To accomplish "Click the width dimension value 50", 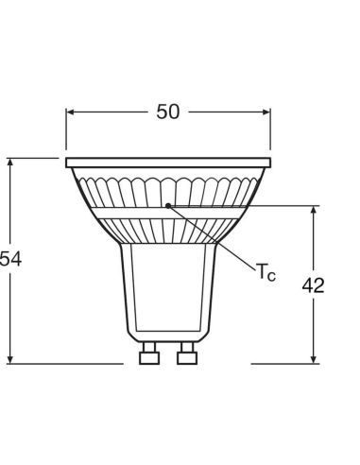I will click(167, 112).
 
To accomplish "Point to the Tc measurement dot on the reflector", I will click(168, 203).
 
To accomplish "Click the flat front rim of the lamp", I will click(167, 164).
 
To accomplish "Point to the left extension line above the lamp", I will click(66, 132).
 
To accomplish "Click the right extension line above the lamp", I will click(270, 132).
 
